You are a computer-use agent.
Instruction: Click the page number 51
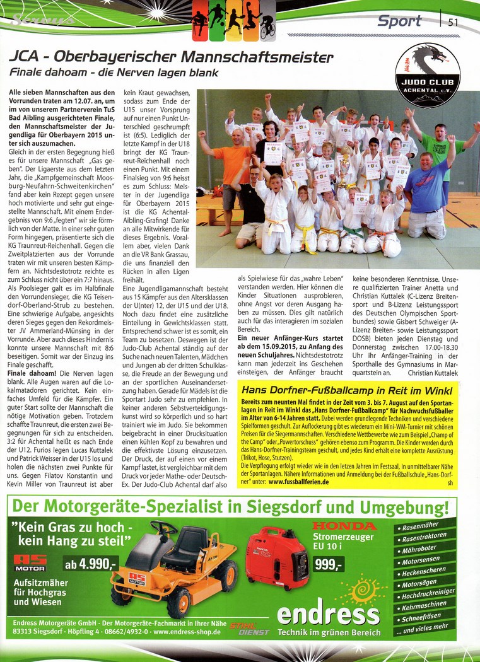click(453, 22)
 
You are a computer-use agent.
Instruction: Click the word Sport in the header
click(399, 21)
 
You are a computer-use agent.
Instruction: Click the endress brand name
click(327, 615)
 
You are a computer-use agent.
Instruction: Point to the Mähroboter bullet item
click(419, 549)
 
